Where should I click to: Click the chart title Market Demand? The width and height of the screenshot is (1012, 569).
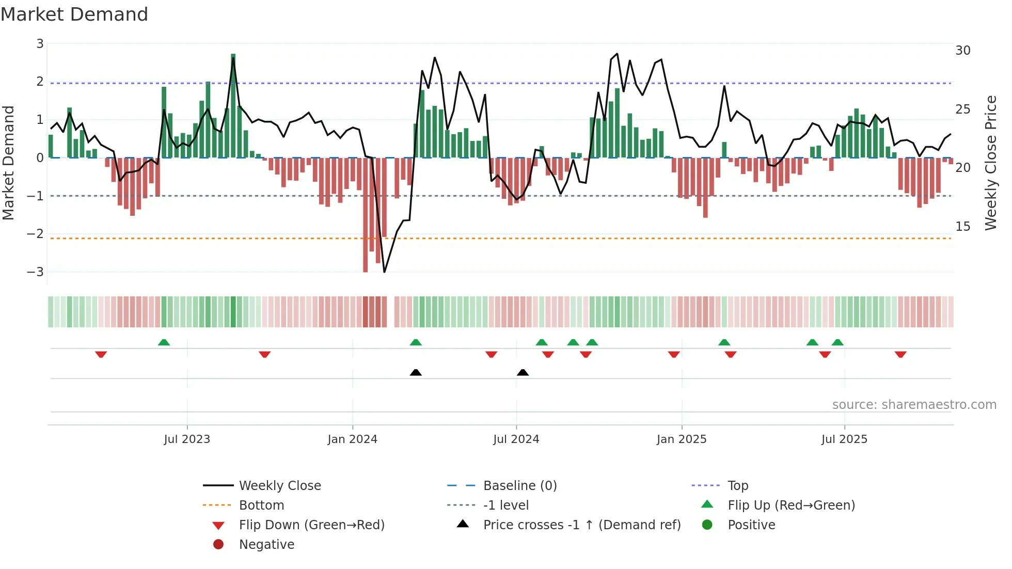pos(74,14)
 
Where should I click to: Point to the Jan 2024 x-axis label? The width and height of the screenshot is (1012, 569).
pos(352,439)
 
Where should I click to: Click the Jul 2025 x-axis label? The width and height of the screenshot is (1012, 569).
pos(844,439)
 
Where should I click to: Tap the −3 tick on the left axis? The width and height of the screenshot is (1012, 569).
pos(36,272)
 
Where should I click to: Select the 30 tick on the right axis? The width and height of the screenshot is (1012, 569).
pos(962,50)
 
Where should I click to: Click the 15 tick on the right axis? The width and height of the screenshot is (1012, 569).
pos(962,226)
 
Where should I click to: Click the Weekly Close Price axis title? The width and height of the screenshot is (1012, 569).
pos(990,163)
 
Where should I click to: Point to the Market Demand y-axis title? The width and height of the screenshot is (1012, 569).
pos(9,163)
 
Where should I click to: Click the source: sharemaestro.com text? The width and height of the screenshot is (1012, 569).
pos(914,404)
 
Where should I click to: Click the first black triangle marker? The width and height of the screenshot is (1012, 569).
pos(416,372)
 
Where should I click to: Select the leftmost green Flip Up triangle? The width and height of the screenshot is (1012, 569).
pos(164,342)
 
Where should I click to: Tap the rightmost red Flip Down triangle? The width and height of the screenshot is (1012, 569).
pos(900,354)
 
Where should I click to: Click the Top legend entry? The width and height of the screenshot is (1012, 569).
pos(737,485)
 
